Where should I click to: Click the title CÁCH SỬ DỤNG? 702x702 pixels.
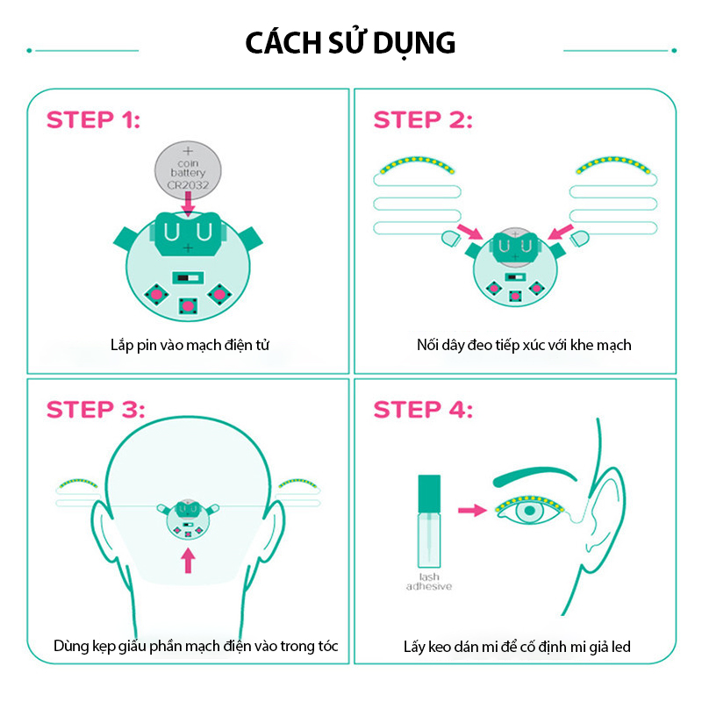click(350, 43)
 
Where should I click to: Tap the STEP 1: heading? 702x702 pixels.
click(93, 120)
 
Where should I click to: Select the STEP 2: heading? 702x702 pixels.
click(423, 120)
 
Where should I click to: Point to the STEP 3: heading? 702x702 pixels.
click(96, 410)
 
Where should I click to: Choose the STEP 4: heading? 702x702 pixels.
click(423, 410)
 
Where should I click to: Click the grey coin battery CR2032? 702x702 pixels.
click(188, 170)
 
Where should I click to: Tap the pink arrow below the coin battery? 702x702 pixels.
click(189, 204)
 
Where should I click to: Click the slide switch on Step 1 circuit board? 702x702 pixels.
click(188, 278)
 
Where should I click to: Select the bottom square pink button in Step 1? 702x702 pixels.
click(188, 306)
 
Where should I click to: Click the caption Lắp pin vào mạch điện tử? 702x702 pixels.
click(190, 345)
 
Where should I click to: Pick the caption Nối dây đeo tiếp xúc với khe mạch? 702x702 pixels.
click(524, 345)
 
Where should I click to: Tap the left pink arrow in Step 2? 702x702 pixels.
click(469, 232)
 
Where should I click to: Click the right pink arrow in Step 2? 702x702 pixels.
click(561, 232)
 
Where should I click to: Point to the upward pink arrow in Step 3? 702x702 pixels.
click(188, 561)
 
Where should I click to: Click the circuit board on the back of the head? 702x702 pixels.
click(188, 519)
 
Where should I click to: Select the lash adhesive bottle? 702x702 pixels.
click(429, 521)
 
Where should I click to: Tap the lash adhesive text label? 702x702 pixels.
click(429, 582)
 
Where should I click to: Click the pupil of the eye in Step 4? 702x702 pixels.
click(530, 511)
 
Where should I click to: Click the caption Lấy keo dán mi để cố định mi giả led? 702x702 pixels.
click(517, 647)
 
